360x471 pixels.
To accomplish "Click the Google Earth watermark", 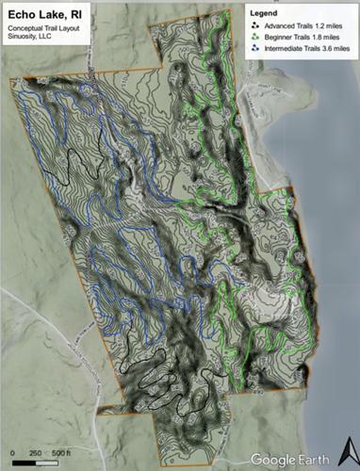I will point(286,459).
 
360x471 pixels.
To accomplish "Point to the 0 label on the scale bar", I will point(12,454).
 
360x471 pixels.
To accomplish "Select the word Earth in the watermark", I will point(308,459).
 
